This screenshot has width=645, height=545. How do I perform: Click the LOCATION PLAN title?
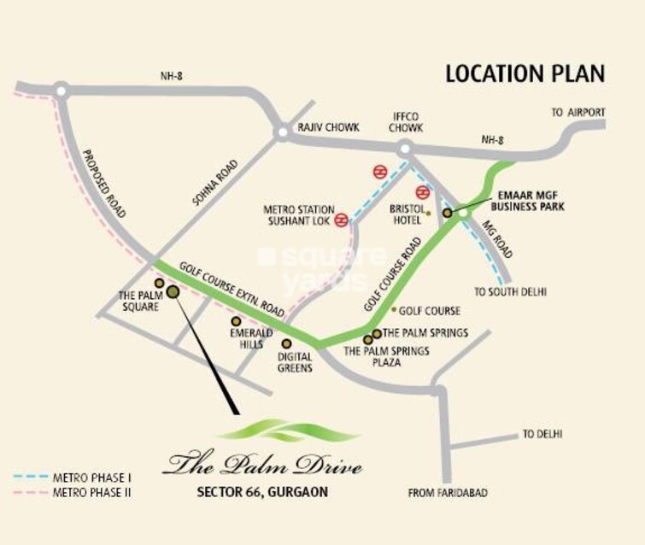(x=525, y=73)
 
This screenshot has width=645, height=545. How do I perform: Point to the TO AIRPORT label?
(x=578, y=112)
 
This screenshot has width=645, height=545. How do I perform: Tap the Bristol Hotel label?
(x=408, y=214)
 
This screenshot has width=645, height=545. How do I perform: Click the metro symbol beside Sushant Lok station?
(x=341, y=220)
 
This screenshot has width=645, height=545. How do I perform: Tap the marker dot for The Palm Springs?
(x=376, y=333)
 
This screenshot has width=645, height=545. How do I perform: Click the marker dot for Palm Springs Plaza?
(x=368, y=340)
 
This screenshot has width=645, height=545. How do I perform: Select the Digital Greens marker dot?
(x=286, y=344)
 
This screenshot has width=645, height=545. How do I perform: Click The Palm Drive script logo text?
(x=263, y=466)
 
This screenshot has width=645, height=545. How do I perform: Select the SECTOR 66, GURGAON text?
(x=262, y=492)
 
